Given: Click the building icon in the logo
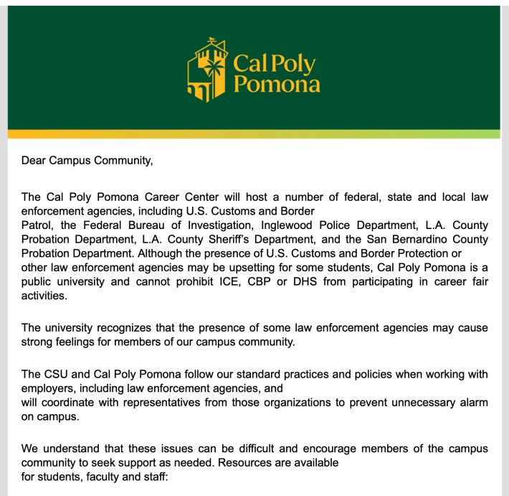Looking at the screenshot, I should coord(208,70).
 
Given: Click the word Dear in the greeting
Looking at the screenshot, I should coord(34,159).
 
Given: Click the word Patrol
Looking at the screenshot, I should coord(37,225).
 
